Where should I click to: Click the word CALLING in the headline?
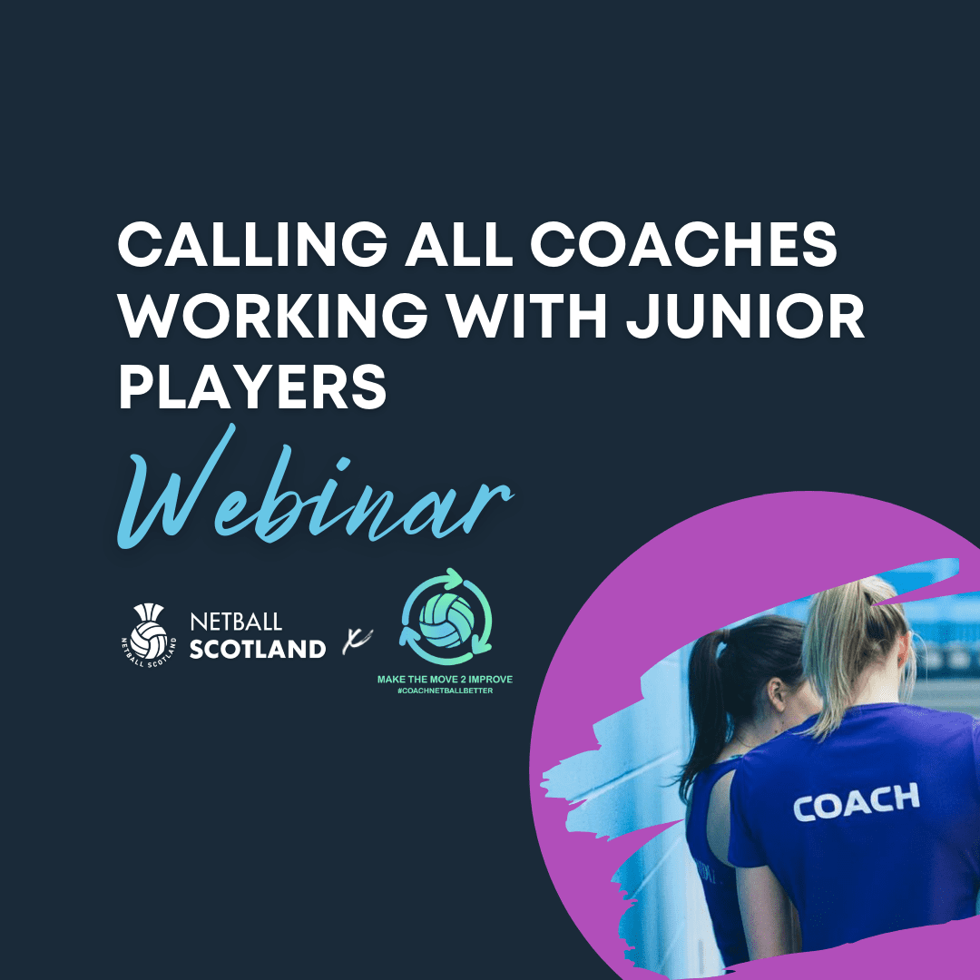[253, 244]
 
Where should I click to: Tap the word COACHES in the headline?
[684, 244]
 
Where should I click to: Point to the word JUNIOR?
[746, 316]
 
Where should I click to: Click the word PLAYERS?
[252, 387]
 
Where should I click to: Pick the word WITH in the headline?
[527, 316]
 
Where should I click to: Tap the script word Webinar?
[316, 491]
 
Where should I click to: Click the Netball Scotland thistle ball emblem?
[148, 633]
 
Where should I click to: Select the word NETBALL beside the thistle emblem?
[236, 622]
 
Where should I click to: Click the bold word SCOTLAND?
[258, 649]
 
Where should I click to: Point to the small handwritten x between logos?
[357, 641]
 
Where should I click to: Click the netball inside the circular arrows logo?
[446, 621]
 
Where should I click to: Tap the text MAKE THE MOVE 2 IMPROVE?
[445, 680]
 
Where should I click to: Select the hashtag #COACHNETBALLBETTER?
[445, 691]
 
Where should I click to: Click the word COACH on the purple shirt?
[857, 802]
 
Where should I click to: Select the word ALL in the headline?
[459, 244]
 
